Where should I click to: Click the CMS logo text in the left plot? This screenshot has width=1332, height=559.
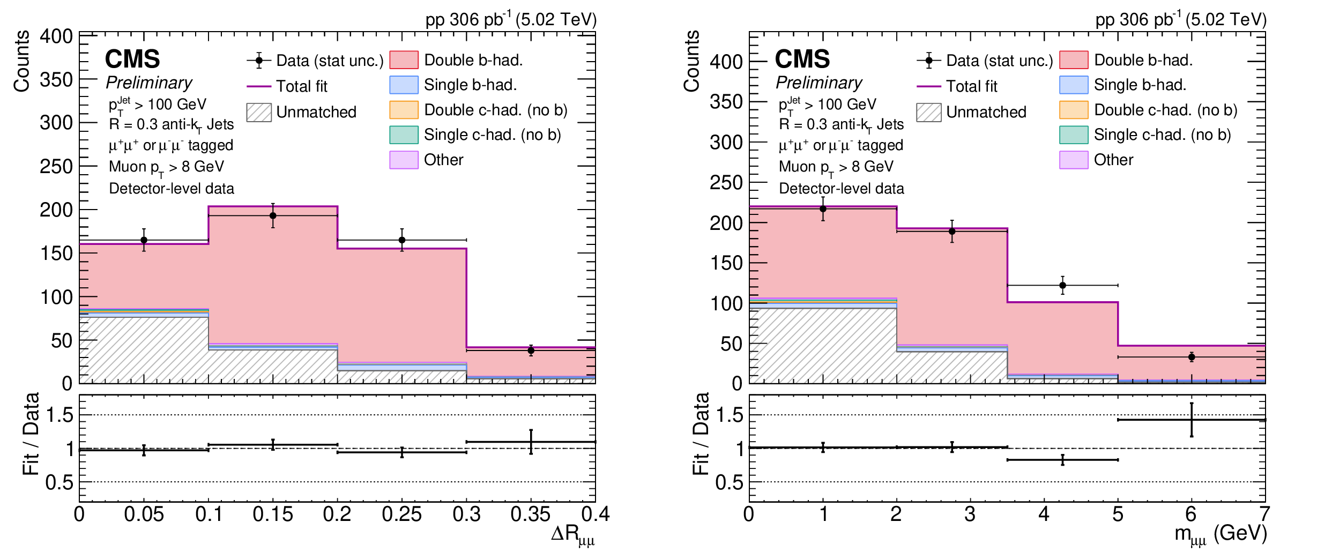pos(132,59)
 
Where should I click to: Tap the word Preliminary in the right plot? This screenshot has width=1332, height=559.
pos(819,83)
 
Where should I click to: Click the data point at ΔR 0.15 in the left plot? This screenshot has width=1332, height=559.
pos(273,216)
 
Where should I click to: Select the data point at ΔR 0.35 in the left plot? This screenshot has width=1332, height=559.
pos(531,351)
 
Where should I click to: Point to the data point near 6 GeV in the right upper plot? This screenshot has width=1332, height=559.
pos(1192,357)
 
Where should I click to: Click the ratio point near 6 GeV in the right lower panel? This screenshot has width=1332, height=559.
pos(1192,420)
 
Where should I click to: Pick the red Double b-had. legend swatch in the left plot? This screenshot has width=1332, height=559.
pos(404,60)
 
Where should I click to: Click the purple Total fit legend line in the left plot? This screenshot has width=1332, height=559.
pos(259,86)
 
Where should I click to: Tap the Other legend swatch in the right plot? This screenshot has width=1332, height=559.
pos(1074,160)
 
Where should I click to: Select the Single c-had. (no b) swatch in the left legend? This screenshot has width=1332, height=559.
pos(404,135)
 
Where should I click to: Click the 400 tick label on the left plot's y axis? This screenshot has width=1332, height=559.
pos(56,36)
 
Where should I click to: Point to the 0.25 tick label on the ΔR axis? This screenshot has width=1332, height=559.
pos(402,515)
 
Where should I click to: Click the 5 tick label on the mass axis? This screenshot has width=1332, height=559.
pos(1118,515)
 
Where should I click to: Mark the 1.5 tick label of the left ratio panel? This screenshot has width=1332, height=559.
pos(59,415)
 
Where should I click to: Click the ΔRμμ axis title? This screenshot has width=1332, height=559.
pos(573,535)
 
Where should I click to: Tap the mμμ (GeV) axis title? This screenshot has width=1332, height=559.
pos(1221,535)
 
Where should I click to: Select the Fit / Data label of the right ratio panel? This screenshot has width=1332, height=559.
pos(701,434)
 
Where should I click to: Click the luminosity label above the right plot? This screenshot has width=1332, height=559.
pos(1181,19)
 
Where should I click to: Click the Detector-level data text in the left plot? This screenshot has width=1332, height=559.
pos(172,189)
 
